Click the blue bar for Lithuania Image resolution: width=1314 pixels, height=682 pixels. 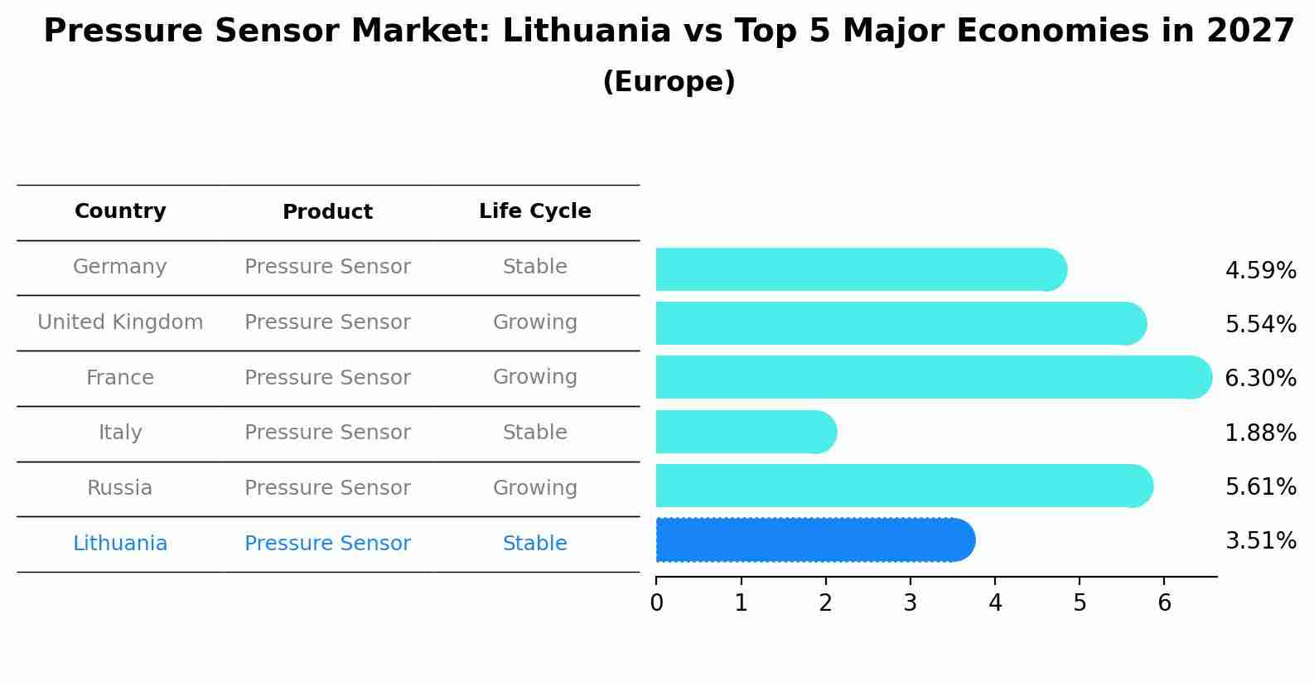814,540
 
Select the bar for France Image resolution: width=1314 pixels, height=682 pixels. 933,378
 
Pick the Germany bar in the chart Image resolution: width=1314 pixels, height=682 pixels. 860,269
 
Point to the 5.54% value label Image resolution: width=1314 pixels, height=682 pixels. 1260,324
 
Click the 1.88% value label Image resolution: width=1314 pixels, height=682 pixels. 1260,433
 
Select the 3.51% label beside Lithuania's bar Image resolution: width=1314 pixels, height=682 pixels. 1260,541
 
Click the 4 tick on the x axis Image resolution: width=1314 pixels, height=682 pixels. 995,602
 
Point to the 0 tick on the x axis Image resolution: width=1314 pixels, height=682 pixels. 656,602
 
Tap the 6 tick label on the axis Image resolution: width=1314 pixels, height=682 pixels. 1164,602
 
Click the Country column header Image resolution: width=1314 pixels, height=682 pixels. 120,211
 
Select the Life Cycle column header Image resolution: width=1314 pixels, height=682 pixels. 534,211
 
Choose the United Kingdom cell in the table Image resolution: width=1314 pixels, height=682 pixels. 120,322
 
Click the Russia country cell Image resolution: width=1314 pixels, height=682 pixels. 120,488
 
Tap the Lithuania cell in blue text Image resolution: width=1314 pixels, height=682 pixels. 120,544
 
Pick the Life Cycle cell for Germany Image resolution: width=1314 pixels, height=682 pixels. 534,267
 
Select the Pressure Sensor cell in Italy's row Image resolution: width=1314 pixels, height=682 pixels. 327,433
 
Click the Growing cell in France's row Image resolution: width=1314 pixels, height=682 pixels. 534,377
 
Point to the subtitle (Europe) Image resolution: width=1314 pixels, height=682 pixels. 669,82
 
